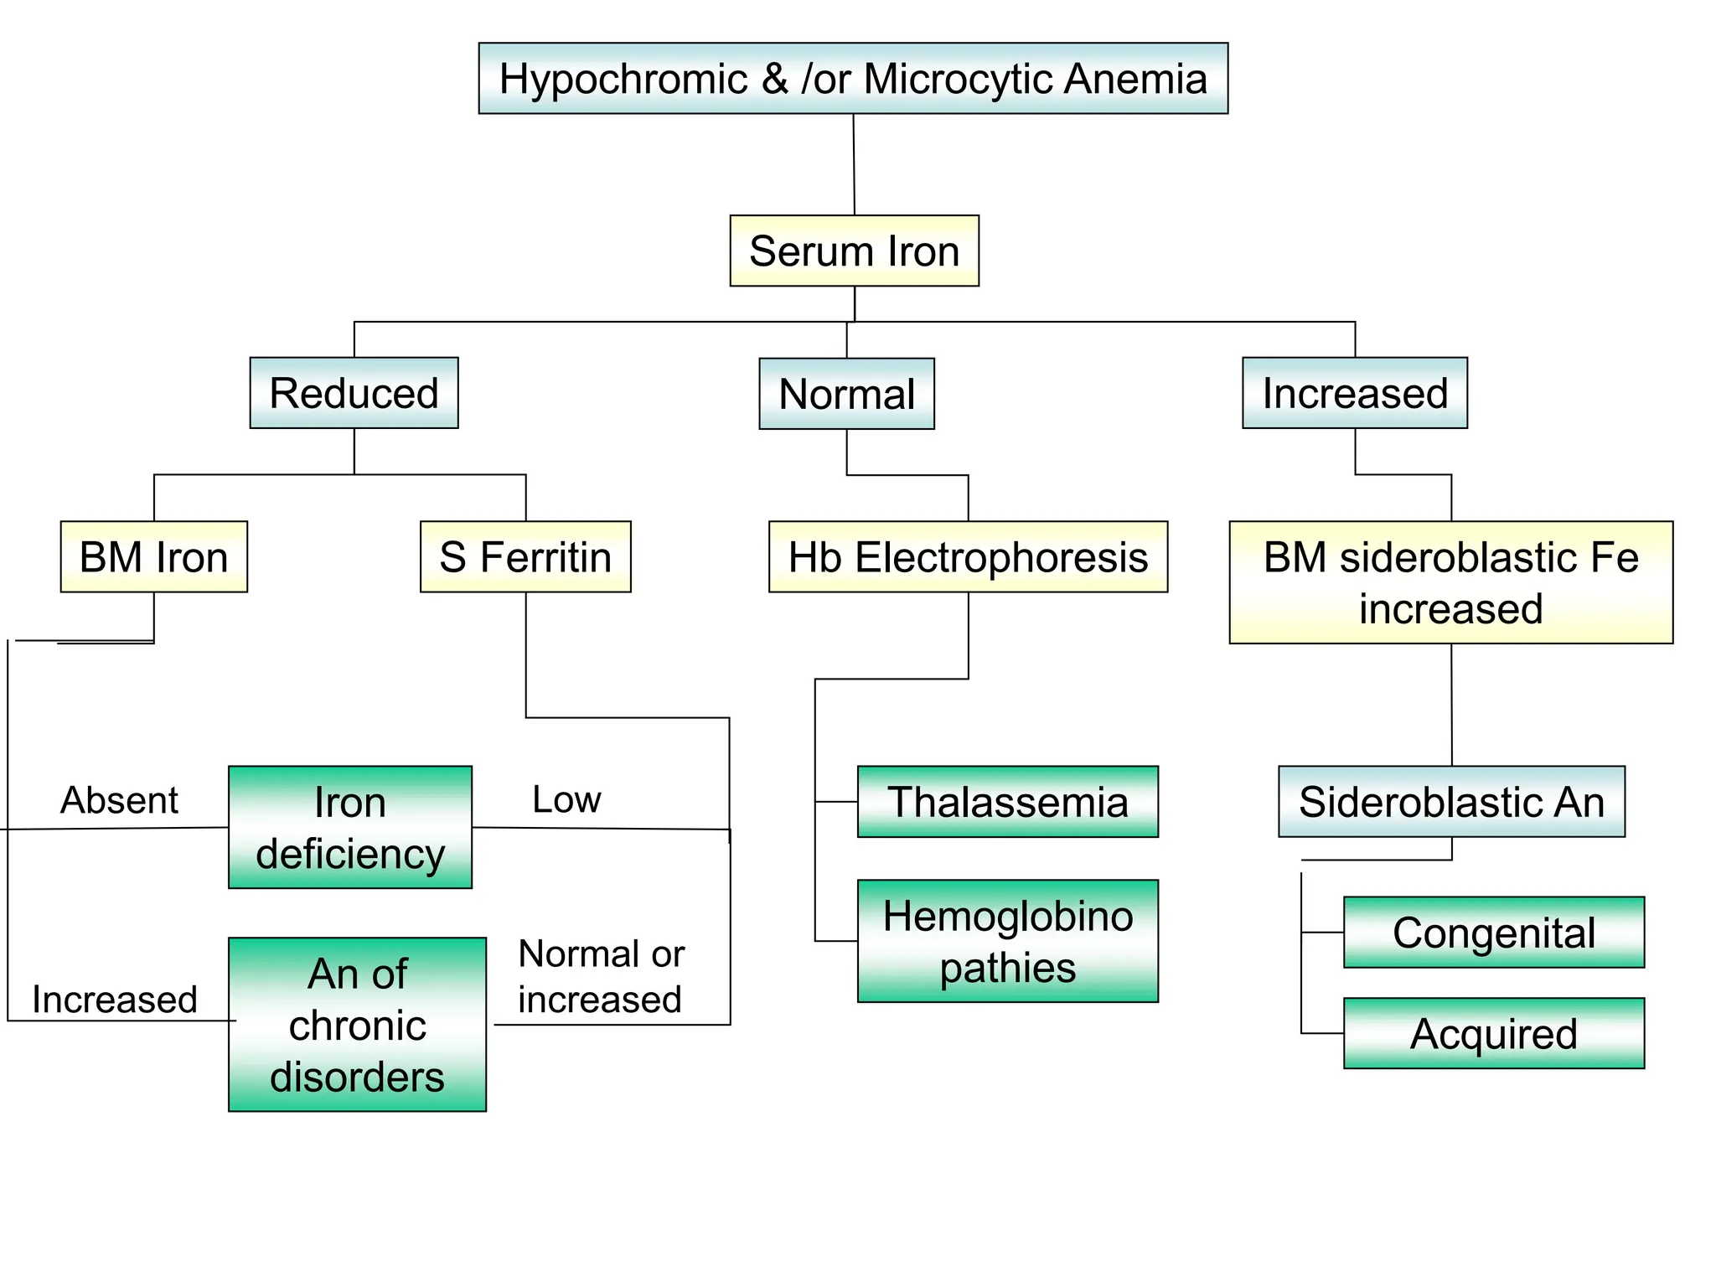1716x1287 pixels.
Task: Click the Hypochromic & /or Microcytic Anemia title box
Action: coord(853,79)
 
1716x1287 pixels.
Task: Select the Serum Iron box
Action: coord(854,251)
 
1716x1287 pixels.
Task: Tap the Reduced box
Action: coord(354,393)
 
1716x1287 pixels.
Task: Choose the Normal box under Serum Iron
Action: coord(846,394)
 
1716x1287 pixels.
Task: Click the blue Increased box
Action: coord(1354,393)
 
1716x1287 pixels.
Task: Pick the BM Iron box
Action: coord(153,557)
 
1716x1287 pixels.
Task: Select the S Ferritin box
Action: coord(525,557)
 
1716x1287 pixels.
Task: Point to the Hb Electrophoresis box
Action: coord(968,557)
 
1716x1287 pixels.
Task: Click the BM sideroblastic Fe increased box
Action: coord(1450,582)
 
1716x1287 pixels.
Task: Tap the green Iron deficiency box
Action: coord(349,827)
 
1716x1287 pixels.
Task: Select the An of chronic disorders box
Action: coord(357,1024)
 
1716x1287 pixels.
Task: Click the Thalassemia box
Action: coord(1007,802)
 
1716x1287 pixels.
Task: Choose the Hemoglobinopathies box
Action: coord(1007,941)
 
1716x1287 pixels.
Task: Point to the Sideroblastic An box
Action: coord(1450,802)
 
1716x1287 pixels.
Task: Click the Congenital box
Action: coord(1493,933)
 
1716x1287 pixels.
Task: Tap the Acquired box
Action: coord(1493,1033)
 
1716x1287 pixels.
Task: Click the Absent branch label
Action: coord(119,800)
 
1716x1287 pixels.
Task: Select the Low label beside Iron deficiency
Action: coord(566,799)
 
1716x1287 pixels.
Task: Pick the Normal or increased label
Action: coord(601,976)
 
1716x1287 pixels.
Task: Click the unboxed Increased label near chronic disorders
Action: coord(115,1000)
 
